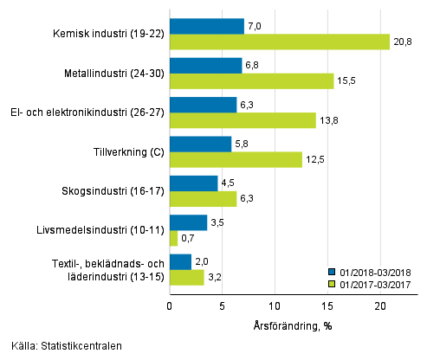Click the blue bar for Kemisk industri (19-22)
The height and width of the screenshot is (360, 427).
tap(206, 26)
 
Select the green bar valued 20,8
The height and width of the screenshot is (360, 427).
tap(279, 42)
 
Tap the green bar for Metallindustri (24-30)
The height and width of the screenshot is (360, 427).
tap(251, 80)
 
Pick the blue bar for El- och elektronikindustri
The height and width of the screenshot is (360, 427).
tap(203, 105)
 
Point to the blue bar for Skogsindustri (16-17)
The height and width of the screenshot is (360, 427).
tap(193, 183)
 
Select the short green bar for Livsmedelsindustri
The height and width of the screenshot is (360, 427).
tap(173, 238)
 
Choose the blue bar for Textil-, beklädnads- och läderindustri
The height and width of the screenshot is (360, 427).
tap(180, 261)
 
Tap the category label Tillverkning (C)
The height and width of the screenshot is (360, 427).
tap(128, 152)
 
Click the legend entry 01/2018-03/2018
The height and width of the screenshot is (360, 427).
tap(375, 271)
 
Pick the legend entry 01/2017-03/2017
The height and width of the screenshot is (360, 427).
tap(375, 282)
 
